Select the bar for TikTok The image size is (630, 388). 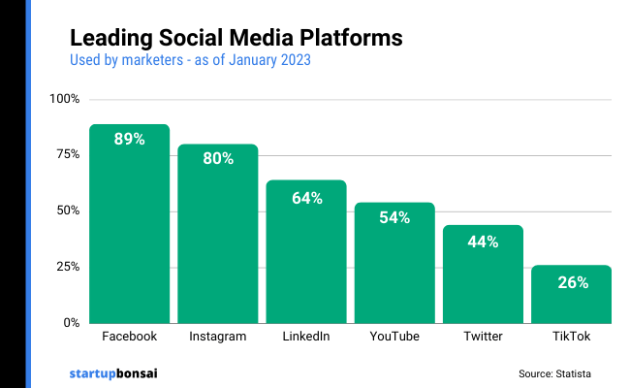pos(571,296)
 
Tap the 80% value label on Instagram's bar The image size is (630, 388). pos(218,158)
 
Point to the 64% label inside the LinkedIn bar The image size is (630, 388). pos(306,198)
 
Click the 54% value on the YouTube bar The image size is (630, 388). pos(394,217)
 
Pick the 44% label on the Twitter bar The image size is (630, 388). pos(483,242)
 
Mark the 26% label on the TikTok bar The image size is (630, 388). pos(571,282)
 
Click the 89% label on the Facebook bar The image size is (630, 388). pos(129,139)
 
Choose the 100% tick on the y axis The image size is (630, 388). pos(65,99)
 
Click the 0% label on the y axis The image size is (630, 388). pos(72,322)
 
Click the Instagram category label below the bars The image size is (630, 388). pos(218,337)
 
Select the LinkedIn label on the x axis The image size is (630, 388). pos(306,337)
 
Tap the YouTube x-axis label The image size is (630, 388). pos(394,337)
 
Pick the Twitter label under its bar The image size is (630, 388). pos(483,337)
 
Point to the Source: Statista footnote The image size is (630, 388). pos(554,373)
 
